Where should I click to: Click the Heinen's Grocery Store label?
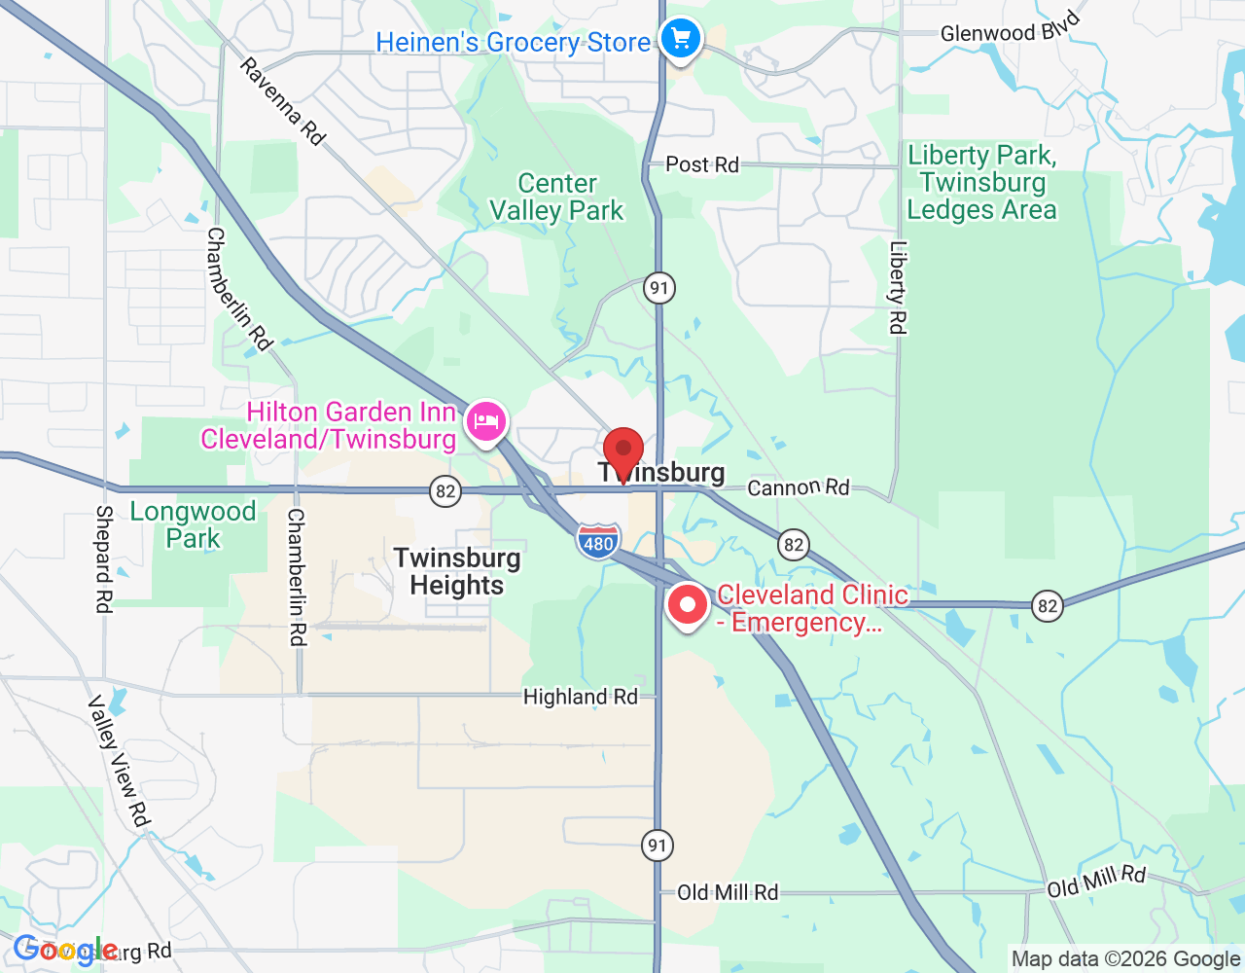513,43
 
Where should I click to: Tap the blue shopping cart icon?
681,40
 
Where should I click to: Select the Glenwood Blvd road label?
1010,29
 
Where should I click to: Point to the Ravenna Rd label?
282,102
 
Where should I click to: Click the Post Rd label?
702,164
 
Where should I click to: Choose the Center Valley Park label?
556,198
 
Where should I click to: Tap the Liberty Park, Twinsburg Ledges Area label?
981,183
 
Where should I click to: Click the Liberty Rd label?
897,288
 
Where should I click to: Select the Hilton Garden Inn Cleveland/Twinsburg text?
329,426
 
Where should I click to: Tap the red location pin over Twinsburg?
623,452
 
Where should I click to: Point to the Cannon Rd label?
798,486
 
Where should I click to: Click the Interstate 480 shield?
598,542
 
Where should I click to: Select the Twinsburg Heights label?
457,571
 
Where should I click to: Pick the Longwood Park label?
193,524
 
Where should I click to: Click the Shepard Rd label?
104,559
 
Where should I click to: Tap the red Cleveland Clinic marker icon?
688,605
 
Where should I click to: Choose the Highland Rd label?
580,697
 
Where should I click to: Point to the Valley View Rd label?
120,761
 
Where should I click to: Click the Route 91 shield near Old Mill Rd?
658,845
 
